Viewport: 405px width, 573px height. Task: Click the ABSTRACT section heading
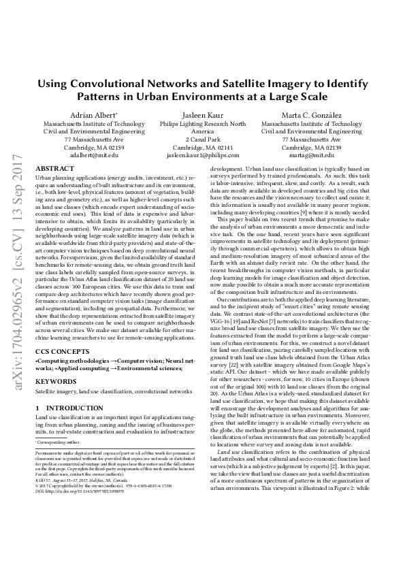click(x=54, y=168)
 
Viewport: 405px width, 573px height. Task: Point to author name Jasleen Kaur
click(x=202, y=116)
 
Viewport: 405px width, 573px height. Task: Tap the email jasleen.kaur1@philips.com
click(x=203, y=154)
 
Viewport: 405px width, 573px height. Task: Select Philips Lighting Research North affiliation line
click(x=202, y=125)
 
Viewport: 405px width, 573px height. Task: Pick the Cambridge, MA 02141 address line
click(x=202, y=147)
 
